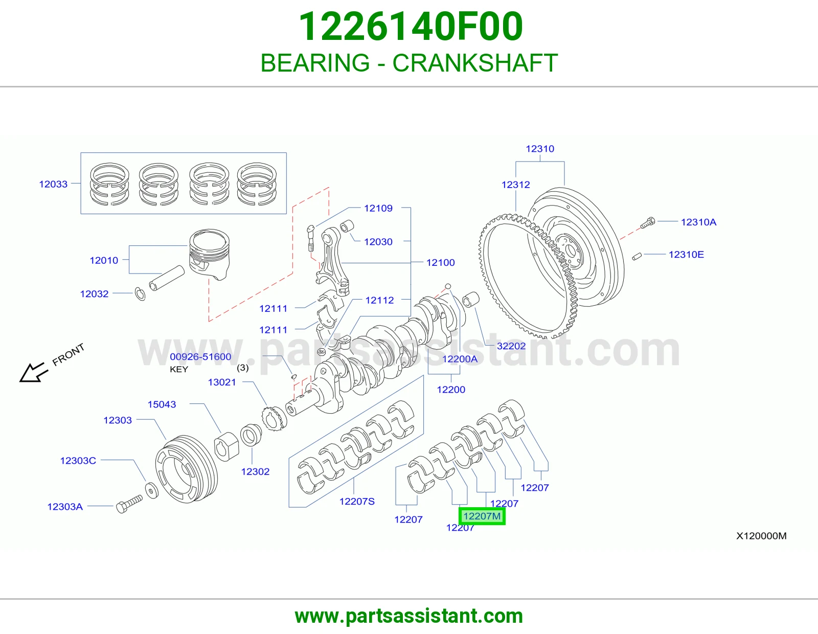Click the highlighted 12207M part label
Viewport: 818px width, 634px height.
click(482, 516)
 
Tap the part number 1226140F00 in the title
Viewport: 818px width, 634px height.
click(411, 26)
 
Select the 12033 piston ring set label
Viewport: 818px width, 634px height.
click(54, 184)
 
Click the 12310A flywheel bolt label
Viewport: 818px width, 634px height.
click(698, 222)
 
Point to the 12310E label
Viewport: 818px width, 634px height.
click(686, 255)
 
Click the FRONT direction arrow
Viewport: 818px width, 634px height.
click(33, 373)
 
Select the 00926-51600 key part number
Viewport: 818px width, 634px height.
click(200, 356)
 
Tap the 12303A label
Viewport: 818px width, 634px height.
click(65, 507)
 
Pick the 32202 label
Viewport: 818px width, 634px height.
click(511, 346)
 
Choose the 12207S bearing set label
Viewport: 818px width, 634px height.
click(357, 501)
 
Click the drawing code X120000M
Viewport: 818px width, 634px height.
click(762, 536)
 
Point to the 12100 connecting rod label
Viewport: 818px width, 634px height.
click(440, 262)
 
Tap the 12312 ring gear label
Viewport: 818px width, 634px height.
click(516, 185)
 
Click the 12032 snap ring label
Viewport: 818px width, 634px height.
click(94, 293)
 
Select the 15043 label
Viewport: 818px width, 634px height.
click(162, 404)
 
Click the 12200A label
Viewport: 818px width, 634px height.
click(460, 359)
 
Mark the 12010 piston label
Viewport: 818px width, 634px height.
click(104, 260)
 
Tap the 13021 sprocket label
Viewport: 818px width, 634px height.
click(222, 382)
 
